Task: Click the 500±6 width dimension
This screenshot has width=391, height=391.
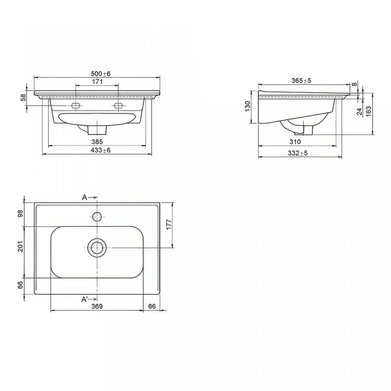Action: click(101, 74)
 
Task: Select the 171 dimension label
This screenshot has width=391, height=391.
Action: click(97, 81)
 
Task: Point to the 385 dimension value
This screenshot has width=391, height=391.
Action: click(97, 142)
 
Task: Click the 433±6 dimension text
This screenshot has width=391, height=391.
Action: click(101, 150)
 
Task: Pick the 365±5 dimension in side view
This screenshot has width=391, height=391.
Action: click(301, 81)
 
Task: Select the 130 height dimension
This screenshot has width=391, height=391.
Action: click(248, 106)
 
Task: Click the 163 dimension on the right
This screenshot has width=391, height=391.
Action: click(369, 112)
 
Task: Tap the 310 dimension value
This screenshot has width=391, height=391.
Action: click(295, 142)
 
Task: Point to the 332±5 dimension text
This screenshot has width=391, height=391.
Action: click(298, 153)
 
